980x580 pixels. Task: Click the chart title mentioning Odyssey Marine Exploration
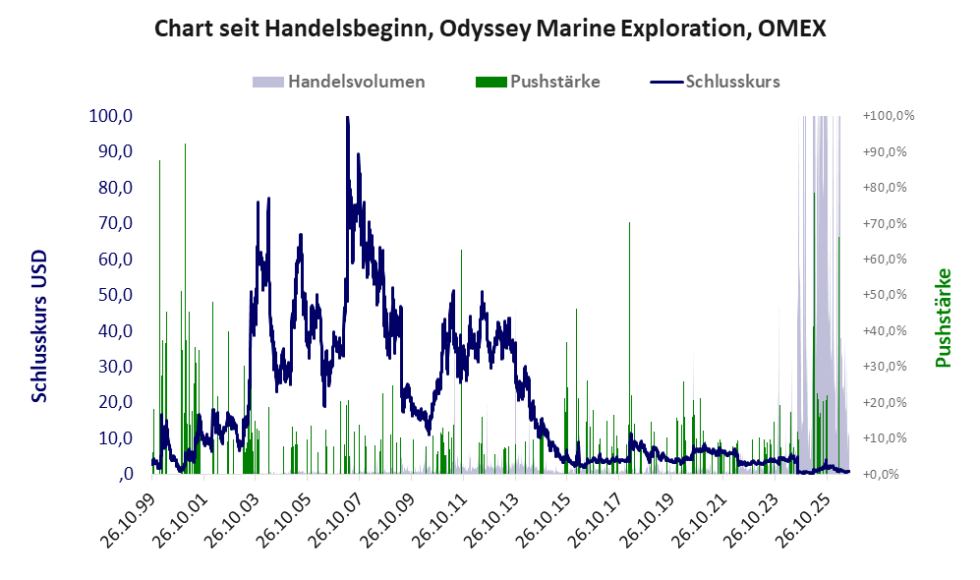[490, 29]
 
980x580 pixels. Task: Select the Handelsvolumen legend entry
[339, 82]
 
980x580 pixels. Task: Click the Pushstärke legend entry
[538, 82]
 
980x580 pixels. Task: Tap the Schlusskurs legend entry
[715, 82]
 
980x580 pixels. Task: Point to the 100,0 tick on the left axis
[111, 116]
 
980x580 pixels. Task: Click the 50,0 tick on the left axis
[116, 294]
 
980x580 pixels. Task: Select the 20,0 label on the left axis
[116, 402]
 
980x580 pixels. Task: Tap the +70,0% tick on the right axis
[885, 223]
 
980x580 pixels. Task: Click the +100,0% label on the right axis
[889, 116]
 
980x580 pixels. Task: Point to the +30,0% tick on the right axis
[885, 367]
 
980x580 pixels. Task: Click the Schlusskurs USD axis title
[39, 326]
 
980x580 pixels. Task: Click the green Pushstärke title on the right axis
[943, 318]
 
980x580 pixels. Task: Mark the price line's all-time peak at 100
[347, 117]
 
